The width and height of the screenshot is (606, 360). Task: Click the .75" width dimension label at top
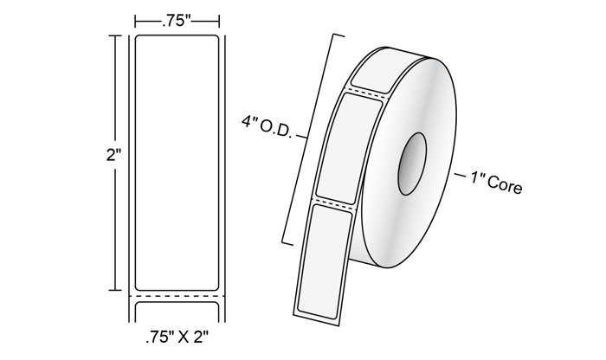[x=177, y=22]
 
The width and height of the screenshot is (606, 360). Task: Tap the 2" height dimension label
[x=114, y=155]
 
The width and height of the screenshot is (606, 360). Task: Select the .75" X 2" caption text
[x=177, y=337]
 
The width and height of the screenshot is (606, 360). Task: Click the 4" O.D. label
[x=267, y=126]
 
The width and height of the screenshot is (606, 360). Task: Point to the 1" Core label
[x=497, y=183]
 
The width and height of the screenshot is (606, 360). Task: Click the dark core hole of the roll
[x=412, y=164]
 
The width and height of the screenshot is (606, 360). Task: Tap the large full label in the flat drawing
[x=177, y=163]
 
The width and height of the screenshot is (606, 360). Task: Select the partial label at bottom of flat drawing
[x=177, y=312]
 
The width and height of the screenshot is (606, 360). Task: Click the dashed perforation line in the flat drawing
[x=177, y=296]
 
